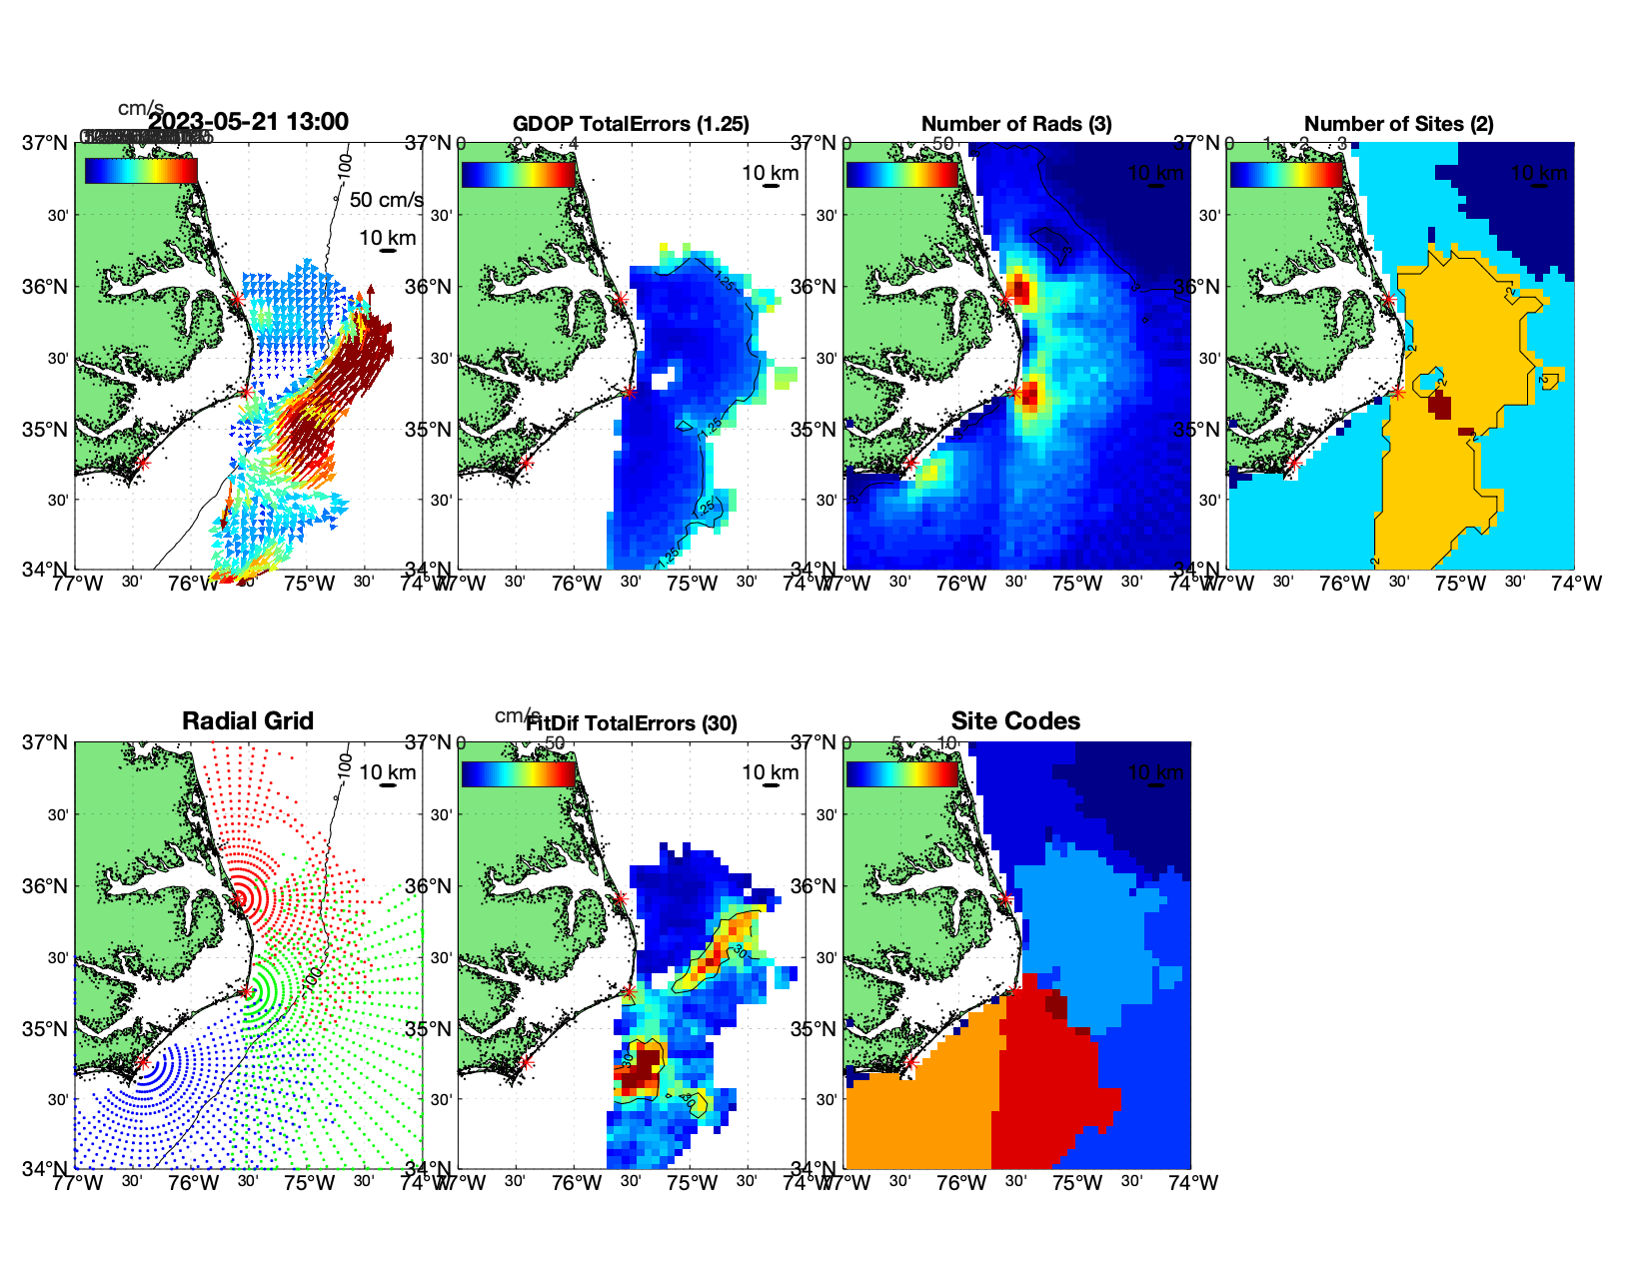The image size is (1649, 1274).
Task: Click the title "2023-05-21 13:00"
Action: click(248, 122)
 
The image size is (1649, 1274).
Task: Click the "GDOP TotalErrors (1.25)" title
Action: click(631, 124)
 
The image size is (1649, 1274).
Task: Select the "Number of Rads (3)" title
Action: click(1015, 124)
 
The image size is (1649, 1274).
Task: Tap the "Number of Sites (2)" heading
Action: click(1398, 124)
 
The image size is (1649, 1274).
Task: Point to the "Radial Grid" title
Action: click(248, 721)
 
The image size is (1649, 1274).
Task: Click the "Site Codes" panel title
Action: click(1015, 721)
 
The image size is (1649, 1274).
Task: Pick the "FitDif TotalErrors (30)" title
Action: click(632, 723)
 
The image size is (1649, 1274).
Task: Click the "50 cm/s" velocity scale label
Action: click(386, 200)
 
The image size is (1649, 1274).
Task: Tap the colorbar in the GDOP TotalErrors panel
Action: click(519, 174)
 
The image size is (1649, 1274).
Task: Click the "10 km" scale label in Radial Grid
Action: click(387, 772)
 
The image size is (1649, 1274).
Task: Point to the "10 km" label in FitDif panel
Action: click(770, 772)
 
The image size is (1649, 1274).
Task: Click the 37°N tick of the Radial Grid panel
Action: click(45, 742)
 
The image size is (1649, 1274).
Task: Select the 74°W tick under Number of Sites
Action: click(1577, 584)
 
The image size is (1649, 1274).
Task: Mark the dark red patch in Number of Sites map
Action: click(1440, 406)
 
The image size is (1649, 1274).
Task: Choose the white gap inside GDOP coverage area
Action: click(663, 377)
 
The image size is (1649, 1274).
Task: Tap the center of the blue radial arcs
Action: click(142, 1063)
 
